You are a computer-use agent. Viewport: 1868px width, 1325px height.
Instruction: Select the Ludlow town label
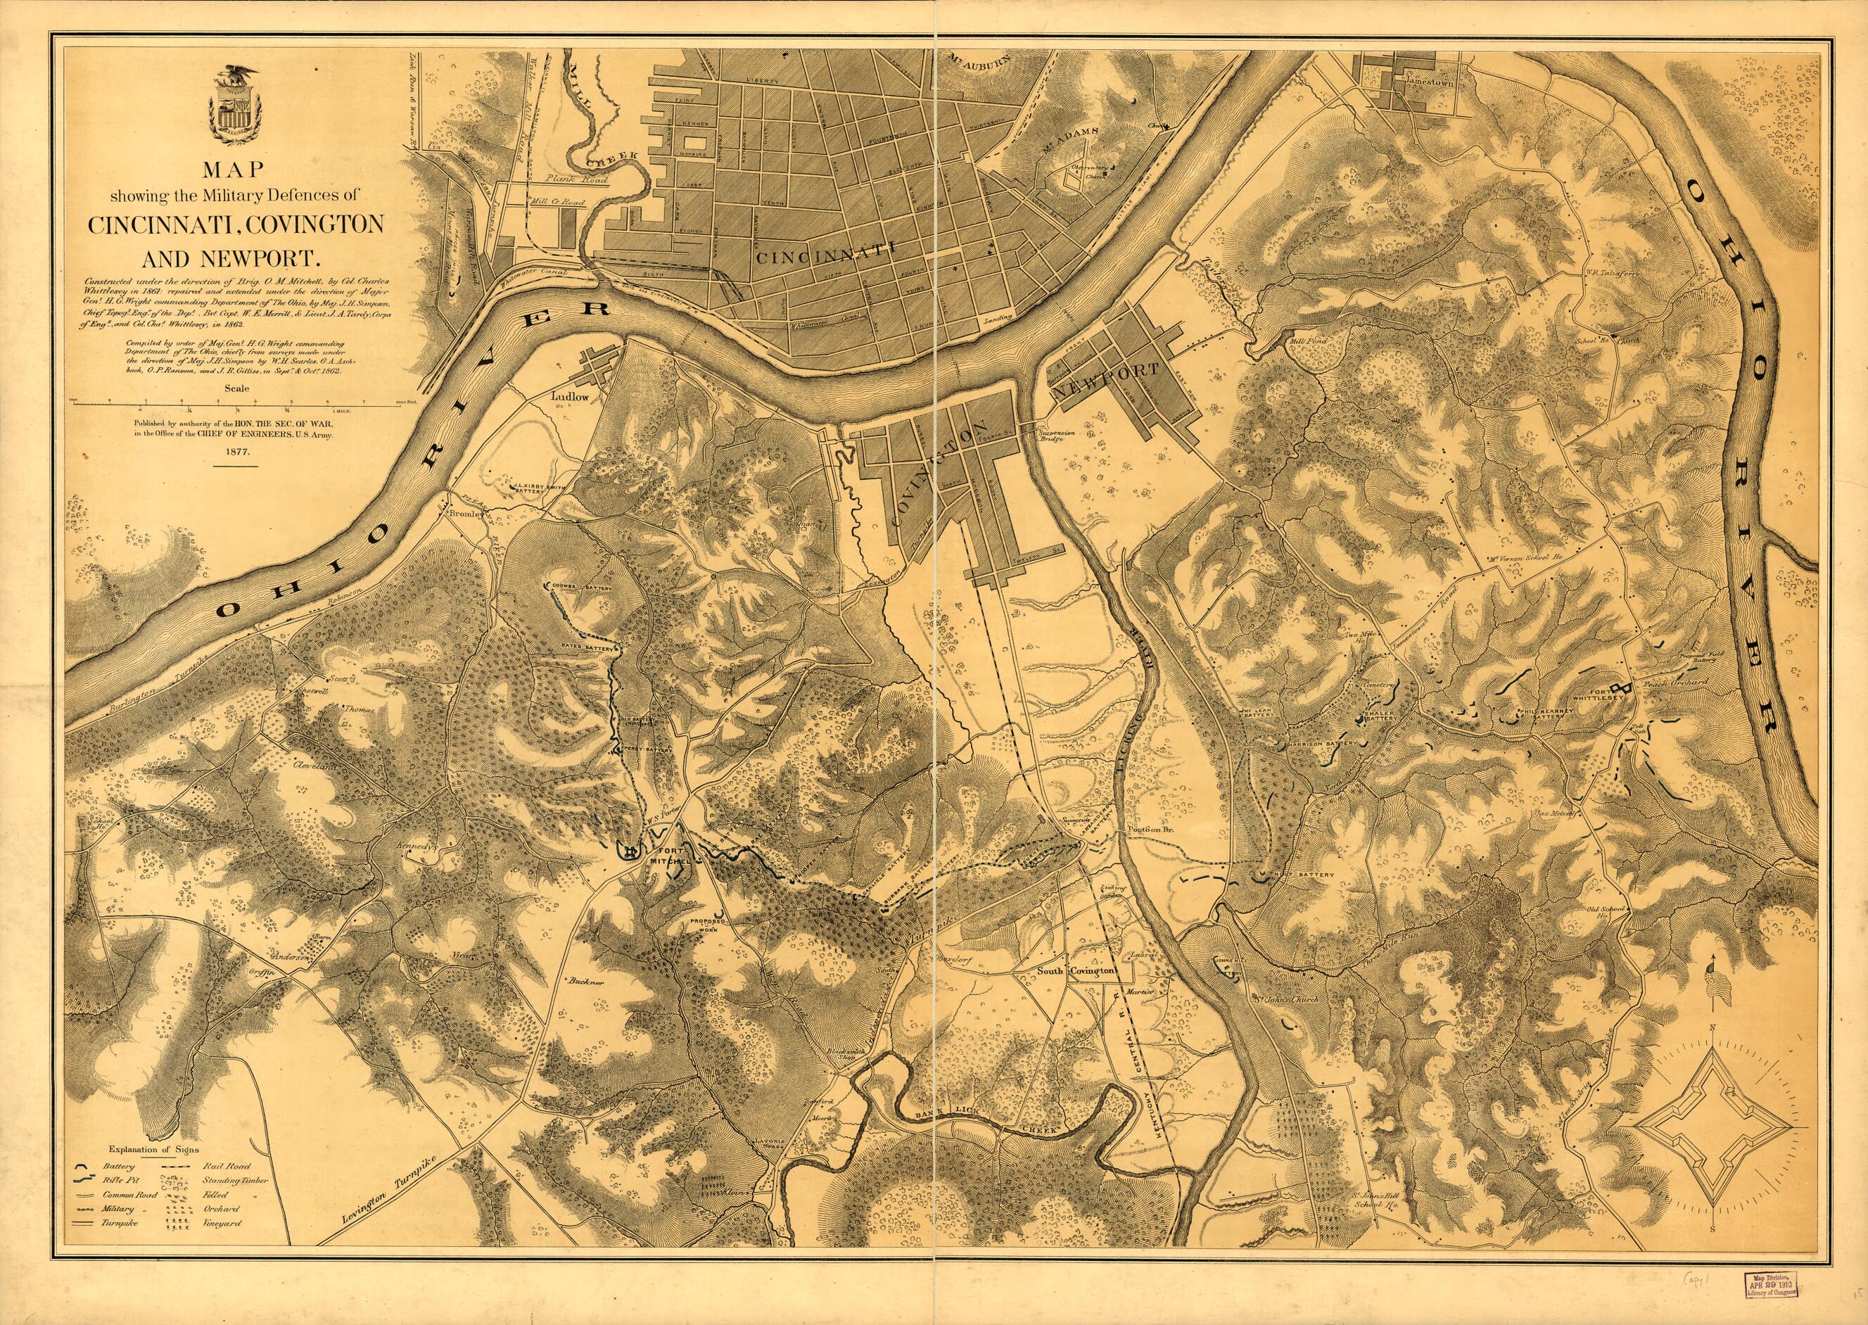click(x=570, y=398)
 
